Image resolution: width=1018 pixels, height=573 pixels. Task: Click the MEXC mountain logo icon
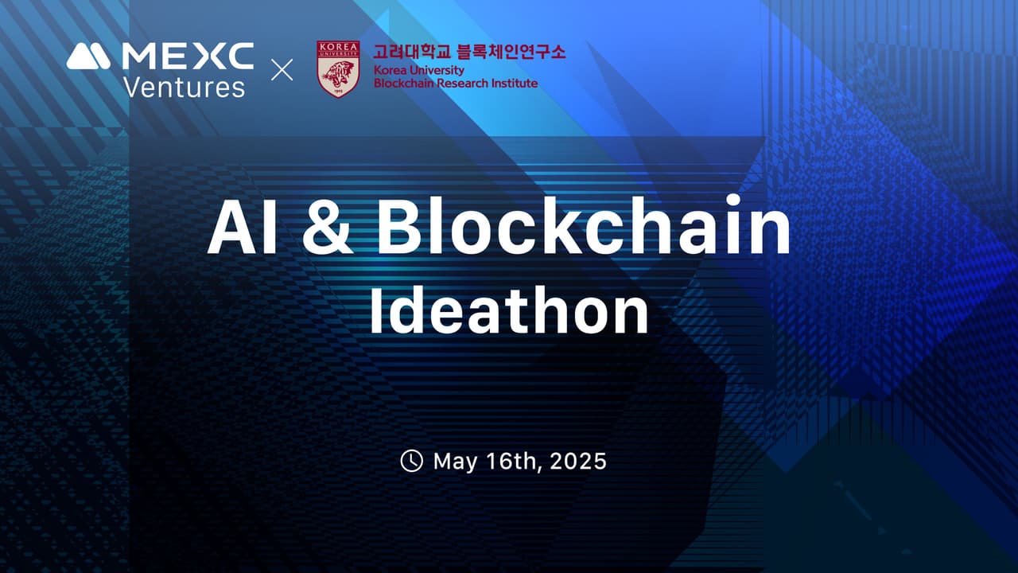point(88,56)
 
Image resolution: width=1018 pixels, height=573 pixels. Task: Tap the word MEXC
point(188,56)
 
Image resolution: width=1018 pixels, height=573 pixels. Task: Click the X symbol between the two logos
point(282,70)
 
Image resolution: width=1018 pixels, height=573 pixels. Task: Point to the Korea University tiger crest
point(338,69)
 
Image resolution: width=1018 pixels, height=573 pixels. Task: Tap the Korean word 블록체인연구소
point(512,53)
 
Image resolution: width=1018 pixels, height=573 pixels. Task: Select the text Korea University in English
point(418,71)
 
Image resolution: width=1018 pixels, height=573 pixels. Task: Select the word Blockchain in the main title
point(585,228)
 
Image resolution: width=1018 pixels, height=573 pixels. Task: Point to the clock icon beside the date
point(411,461)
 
